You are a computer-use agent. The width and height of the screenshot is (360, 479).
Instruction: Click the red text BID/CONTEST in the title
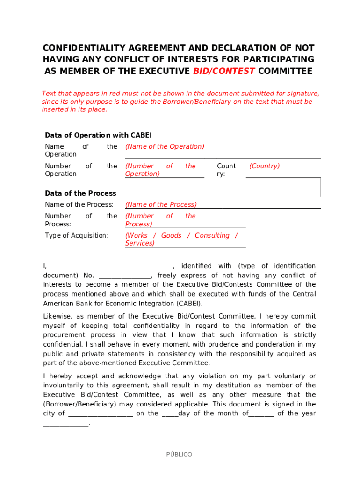tap(223, 71)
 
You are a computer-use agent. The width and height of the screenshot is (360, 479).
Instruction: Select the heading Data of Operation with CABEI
tap(98, 135)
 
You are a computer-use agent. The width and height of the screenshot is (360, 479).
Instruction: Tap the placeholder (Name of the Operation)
tap(165, 146)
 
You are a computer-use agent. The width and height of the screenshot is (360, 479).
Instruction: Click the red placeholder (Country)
tap(264, 166)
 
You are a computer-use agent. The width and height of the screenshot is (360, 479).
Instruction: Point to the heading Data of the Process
tap(80, 193)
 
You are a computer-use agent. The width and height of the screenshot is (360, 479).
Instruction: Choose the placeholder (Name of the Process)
tap(161, 204)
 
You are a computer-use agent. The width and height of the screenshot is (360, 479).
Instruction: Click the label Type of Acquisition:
tap(77, 235)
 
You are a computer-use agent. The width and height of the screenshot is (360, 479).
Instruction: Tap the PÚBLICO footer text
tap(179, 454)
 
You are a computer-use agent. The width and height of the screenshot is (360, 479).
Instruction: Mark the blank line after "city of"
tap(101, 414)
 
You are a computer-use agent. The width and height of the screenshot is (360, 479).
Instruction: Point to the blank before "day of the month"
tap(170, 414)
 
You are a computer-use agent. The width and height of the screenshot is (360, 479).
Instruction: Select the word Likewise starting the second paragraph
tap(57, 316)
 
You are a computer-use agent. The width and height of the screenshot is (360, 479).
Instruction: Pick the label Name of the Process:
tap(79, 204)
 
